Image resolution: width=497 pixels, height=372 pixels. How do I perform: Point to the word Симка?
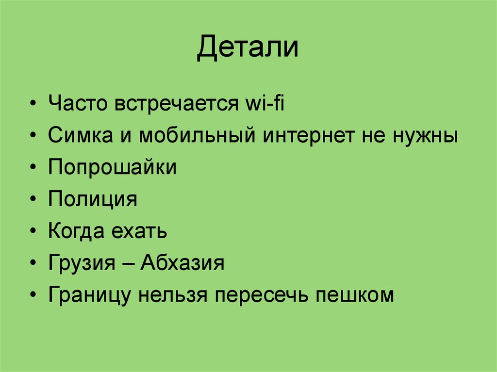point(79,136)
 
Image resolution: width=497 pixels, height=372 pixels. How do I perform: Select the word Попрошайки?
point(112,168)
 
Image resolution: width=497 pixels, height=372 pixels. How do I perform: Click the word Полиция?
point(93,199)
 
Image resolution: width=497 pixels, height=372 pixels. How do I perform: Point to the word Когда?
point(76,231)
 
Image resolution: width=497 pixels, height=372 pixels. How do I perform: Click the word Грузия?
point(81,263)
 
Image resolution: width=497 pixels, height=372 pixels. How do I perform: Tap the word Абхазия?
point(182,263)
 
